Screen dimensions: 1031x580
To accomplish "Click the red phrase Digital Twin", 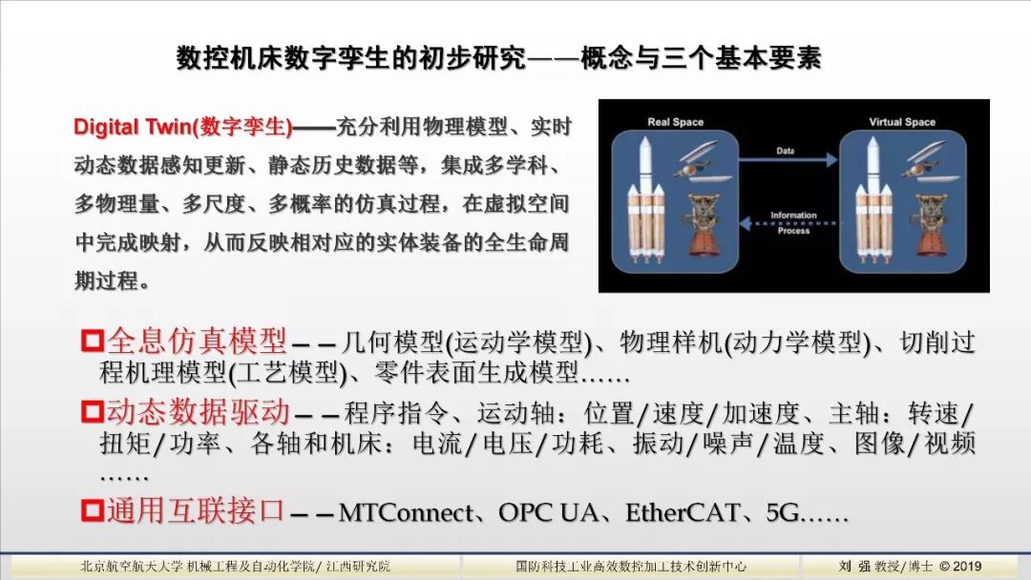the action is [x=133, y=127].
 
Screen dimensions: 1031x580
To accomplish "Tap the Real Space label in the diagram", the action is [x=675, y=122].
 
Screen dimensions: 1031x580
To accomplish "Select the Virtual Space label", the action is [x=901, y=122].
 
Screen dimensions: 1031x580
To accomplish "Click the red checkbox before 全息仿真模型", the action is [x=93, y=341].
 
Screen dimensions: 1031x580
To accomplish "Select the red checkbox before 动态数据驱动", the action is [x=93, y=412].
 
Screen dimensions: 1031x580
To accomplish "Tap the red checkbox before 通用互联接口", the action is [x=93, y=510].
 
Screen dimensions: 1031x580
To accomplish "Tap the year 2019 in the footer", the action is [x=966, y=567].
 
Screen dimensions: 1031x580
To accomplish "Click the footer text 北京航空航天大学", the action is [x=131, y=567].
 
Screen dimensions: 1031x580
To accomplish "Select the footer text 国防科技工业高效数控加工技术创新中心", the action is [x=631, y=567].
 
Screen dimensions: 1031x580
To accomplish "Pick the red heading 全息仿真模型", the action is [x=197, y=341].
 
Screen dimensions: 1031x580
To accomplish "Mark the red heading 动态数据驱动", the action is [x=198, y=412].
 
